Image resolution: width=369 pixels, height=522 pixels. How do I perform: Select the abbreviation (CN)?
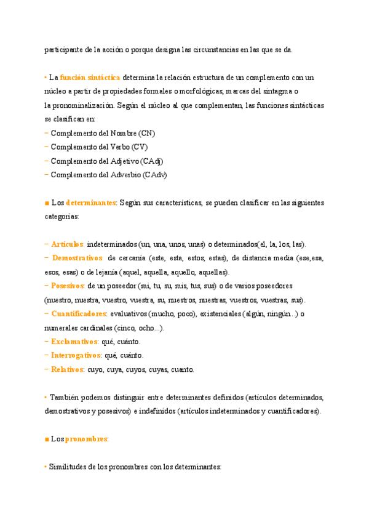click(147, 133)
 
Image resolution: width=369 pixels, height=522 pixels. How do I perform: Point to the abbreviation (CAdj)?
click(151, 161)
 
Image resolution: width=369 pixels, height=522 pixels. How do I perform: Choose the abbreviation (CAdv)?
click(154, 175)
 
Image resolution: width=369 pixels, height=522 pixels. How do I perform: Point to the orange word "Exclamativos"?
click(74, 342)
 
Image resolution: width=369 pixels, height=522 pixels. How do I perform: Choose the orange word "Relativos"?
click(66, 370)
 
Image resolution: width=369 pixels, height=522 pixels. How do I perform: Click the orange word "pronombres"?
click(86, 440)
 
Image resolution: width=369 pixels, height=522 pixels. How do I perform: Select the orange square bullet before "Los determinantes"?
click(47, 203)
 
